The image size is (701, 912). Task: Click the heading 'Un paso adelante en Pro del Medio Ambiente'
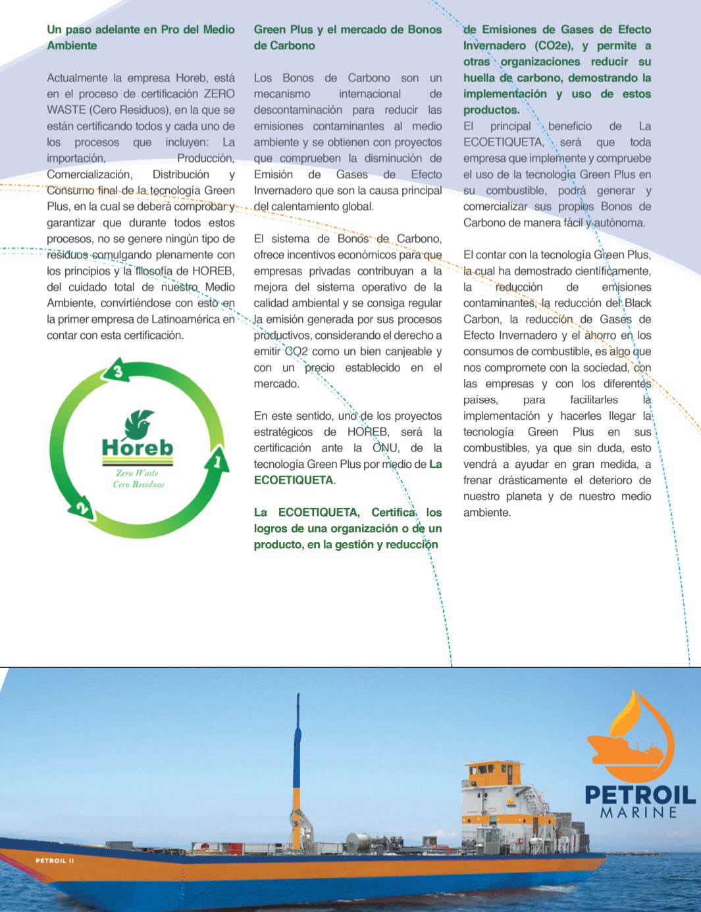click(140, 38)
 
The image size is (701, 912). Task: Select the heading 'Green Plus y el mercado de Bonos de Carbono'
click(348, 38)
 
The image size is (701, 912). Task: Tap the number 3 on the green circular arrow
click(118, 372)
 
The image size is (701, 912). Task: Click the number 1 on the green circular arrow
click(217, 462)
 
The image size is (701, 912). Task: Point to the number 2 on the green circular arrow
click(81, 509)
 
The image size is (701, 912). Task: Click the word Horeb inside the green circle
click(138, 447)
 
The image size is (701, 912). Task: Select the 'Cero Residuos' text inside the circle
click(138, 484)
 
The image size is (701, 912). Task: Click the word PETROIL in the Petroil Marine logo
click(640, 794)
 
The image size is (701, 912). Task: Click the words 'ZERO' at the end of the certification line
click(219, 93)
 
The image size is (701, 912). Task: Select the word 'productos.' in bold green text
click(491, 110)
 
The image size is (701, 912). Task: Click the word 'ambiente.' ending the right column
click(486, 513)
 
